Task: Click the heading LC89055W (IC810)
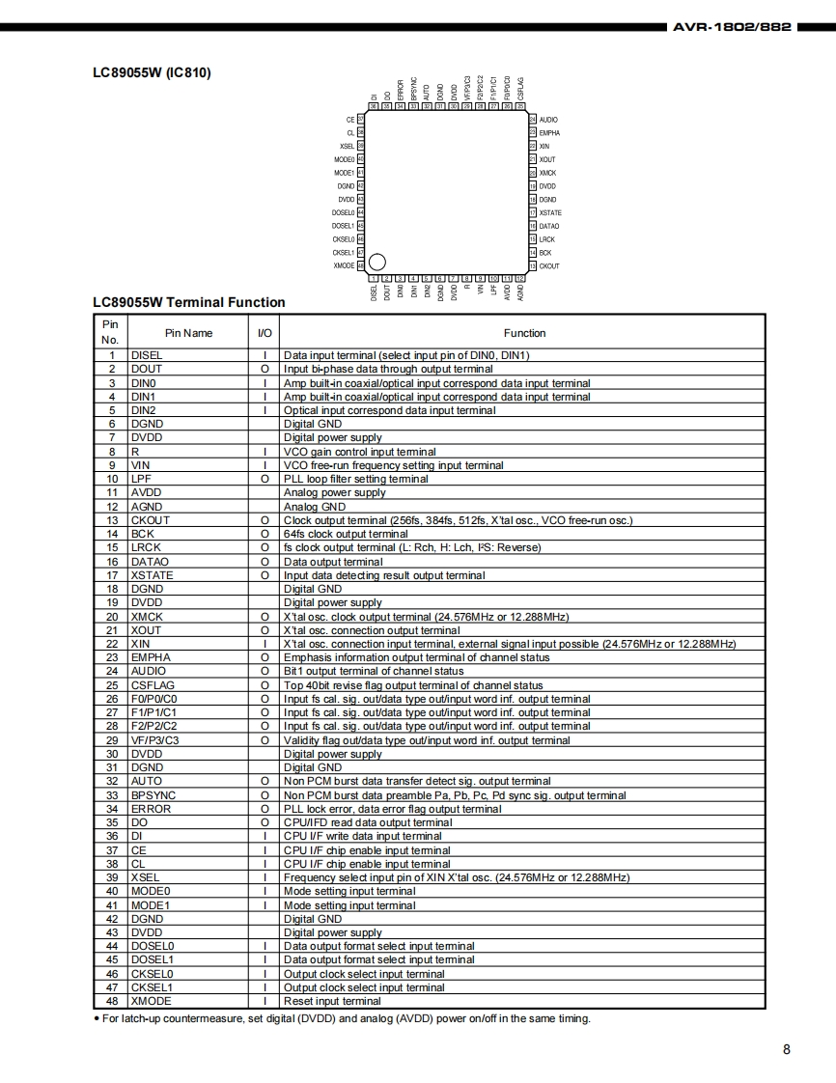tap(152, 72)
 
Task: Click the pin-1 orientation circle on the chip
tap(377, 262)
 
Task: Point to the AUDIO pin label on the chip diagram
tap(547, 120)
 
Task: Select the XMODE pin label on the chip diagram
tap(344, 265)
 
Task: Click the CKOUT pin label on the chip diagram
tap(548, 265)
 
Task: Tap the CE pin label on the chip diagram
tap(350, 120)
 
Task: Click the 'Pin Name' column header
tap(188, 333)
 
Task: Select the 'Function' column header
tap(524, 333)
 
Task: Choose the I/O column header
tap(265, 333)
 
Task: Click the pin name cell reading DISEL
tap(147, 355)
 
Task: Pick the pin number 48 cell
tap(112, 1001)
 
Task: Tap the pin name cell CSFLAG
tap(153, 685)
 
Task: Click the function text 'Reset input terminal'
tap(332, 1001)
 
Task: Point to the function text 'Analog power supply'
tap(334, 492)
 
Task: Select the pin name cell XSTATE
tap(153, 575)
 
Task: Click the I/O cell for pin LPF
tap(265, 479)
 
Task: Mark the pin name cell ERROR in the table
tap(151, 809)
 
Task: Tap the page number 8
tap(786, 1050)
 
